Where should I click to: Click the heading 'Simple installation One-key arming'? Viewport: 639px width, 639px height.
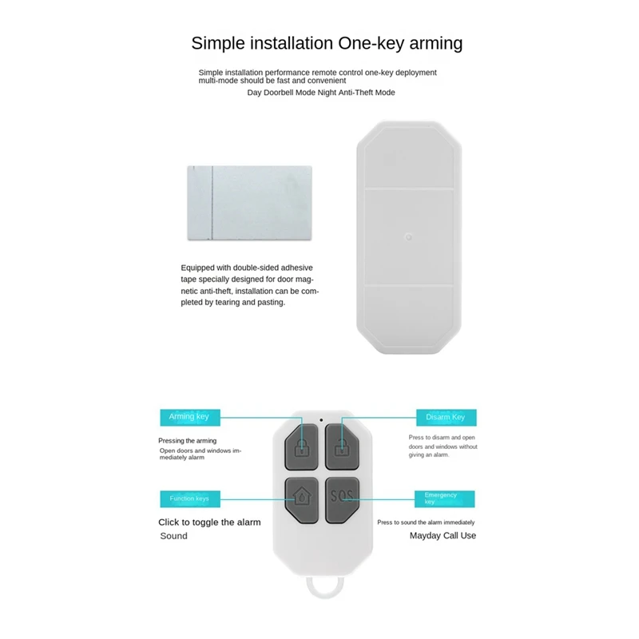[327, 43]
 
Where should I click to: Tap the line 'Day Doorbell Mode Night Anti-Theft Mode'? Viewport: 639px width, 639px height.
[321, 93]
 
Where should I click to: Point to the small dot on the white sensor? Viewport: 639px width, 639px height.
[407, 236]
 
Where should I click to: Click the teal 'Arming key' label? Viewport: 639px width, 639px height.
[189, 417]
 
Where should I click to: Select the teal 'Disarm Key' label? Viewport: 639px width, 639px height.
[446, 417]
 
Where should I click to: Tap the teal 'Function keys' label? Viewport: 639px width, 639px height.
[189, 498]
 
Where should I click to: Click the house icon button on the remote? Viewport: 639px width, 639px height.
[302, 497]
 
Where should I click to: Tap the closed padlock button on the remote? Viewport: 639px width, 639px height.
[302, 446]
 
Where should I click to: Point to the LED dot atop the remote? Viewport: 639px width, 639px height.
[320, 420]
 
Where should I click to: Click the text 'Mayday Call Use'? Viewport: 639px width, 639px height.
[443, 536]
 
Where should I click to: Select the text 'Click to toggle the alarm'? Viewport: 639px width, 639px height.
[209, 522]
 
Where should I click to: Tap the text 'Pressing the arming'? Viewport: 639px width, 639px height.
[187, 441]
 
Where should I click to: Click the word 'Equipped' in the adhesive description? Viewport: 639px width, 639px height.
[197, 269]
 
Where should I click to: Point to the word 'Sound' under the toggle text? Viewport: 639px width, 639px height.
[174, 536]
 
